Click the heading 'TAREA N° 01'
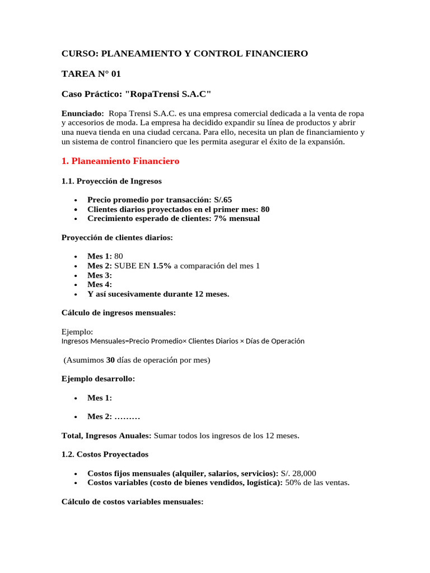coord(91,73)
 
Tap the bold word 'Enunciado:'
coord(82,113)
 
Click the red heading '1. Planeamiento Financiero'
coord(120,161)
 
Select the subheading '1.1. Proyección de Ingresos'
coord(111,181)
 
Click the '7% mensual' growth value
coord(237,218)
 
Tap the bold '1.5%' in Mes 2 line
coord(162,266)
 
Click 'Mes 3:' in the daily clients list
coord(100,275)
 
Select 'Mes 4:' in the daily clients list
coord(100,285)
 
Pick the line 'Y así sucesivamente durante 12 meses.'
coord(158,294)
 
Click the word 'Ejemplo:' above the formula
coord(77,331)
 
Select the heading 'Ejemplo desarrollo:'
coord(98,379)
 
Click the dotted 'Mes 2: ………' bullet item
coord(113,416)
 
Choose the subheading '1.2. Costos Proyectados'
coord(105,454)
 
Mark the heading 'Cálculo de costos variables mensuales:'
coord(132,502)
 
